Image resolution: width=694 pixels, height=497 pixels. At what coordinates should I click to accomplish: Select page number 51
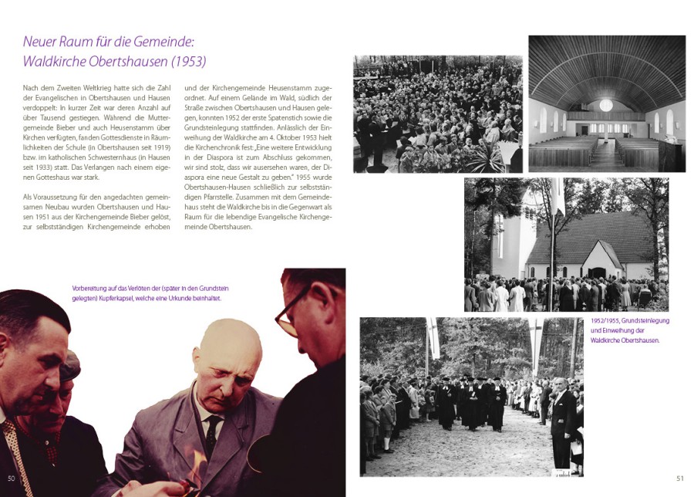(x=680, y=478)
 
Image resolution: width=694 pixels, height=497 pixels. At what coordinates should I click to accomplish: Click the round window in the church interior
(x=606, y=105)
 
